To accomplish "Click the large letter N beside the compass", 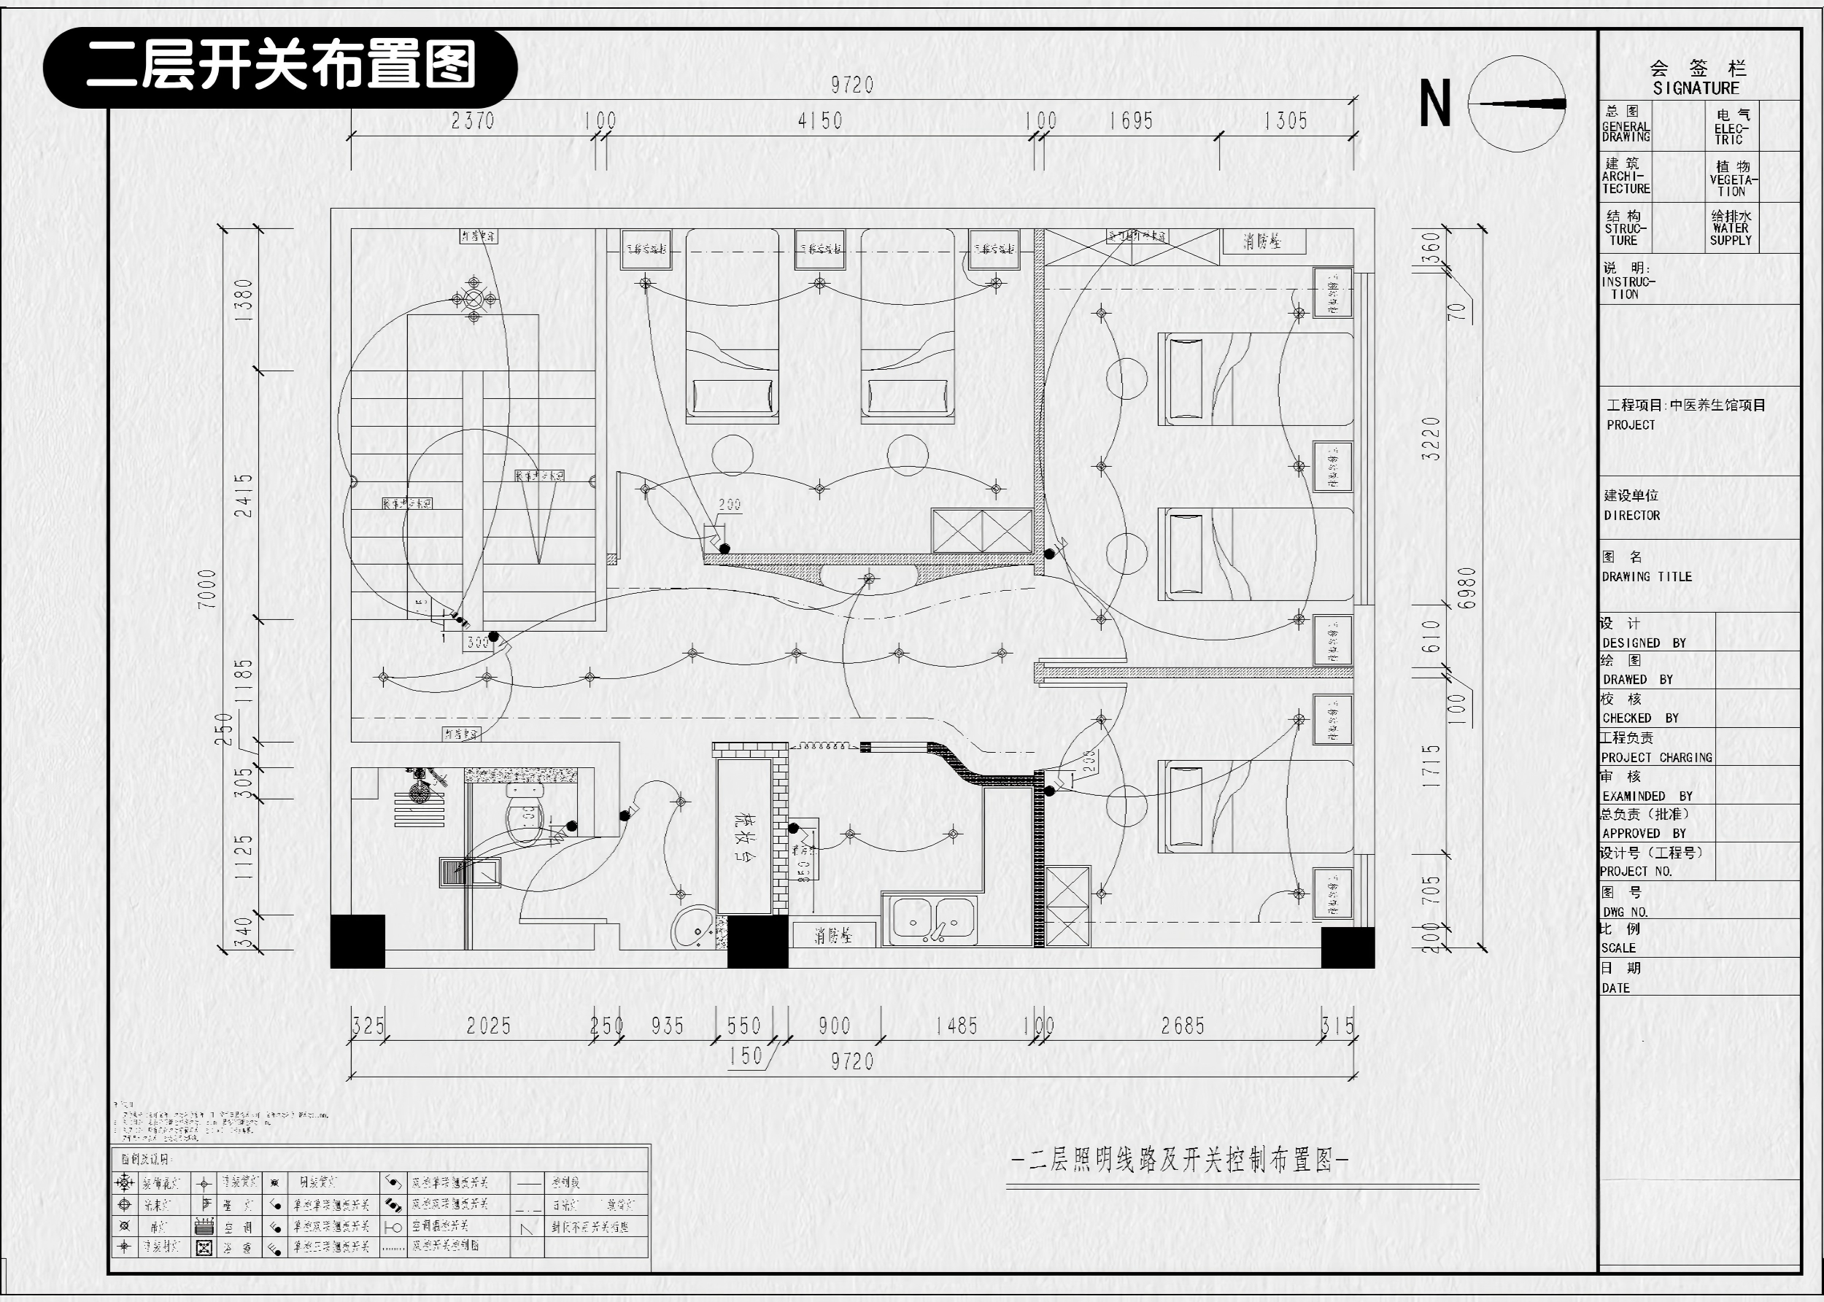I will (1435, 104).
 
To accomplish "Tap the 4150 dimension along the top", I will (819, 121).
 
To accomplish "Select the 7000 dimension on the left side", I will (207, 589).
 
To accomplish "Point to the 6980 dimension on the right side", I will (1466, 588).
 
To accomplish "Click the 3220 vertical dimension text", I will (1431, 438).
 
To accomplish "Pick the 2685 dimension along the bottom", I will (1183, 1026).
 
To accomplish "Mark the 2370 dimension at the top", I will (472, 121).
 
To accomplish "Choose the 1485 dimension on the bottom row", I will (957, 1026).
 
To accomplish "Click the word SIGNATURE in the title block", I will (1696, 88).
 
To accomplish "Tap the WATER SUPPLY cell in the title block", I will (1731, 228).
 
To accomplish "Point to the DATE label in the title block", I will (1615, 988).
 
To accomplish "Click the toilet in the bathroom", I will (525, 815).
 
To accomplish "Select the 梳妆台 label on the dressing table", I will (741, 838).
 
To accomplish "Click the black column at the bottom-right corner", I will (1347, 947).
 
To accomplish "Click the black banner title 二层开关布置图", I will (281, 66).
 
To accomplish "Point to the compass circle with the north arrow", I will (1517, 104).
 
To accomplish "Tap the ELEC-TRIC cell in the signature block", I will (1731, 127).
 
